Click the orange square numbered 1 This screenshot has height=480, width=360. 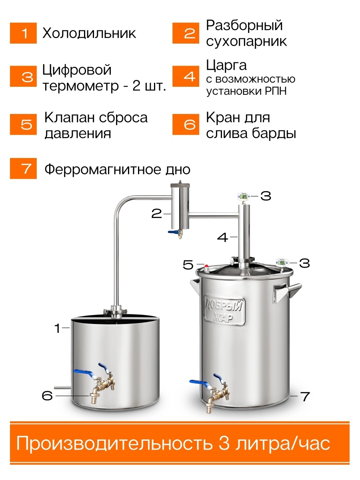click(23, 33)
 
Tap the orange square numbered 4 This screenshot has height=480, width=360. click(186, 76)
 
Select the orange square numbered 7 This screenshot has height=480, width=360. click(23, 168)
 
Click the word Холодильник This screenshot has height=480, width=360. click(89, 34)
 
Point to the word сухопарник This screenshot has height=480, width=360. click(246, 41)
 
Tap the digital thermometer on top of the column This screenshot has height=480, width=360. click(244, 196)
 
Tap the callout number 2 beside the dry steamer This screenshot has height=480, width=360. click(156, 214)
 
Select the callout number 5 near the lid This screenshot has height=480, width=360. click(188, 265)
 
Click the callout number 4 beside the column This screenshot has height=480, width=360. click(223, 237)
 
